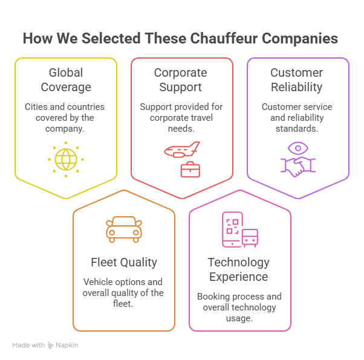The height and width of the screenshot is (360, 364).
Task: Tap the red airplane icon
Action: pyautogui.click(x=182, y=149)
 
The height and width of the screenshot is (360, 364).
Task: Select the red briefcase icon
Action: pyautogui.click(x=190, y=169)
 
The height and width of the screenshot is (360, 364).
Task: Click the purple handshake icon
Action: pyautogui.click(x=297, y=167)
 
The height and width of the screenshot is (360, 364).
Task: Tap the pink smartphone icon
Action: pyautogui.click(x=232, y=229)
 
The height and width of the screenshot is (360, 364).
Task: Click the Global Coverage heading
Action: pyautogui.click(x=65, y=80)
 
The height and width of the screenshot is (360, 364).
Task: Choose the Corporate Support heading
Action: pyautogui.click(x=181, y=80)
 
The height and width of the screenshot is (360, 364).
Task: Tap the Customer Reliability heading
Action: pyautogui.click(x=297, y=80)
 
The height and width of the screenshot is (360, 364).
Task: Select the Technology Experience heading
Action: pyautogui.click(x=239, y=269)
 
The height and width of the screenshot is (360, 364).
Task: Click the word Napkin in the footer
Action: pyautogui.click(x=67, y=345)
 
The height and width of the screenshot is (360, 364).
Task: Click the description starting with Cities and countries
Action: pyautogui.click(x=65, y=117)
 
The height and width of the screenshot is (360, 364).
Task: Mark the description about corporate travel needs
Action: pyautogui.click(x=181, y=117)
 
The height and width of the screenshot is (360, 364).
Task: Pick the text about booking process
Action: pyautogui.click(x=239, y=307)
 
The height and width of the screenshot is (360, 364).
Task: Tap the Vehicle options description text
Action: pyautogui.click(x=123, y=293)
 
